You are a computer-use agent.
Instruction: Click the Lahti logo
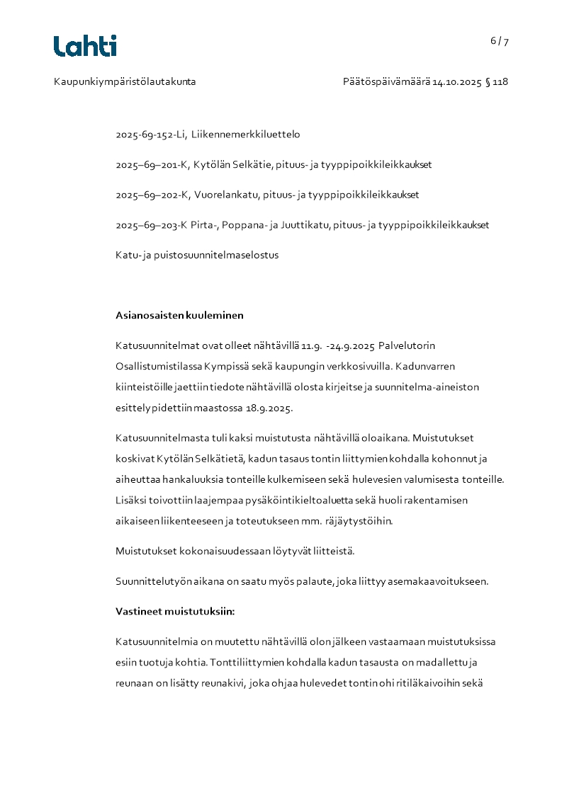(x=85, y=46)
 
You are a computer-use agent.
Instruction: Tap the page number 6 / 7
(x=499, y=41)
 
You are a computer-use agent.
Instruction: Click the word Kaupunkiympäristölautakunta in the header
(x=125, y=81)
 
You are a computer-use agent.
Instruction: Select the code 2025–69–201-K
(x=153, y=164)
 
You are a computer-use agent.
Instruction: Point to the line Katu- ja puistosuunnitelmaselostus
(x=197, y=255)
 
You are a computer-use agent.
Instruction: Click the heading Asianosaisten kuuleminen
(x=179, y=315)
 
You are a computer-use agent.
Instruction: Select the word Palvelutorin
(x=407, y=345)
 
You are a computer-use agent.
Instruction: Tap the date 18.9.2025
(x=269, y=408)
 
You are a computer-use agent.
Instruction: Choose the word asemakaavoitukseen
(x=439, y=582)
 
